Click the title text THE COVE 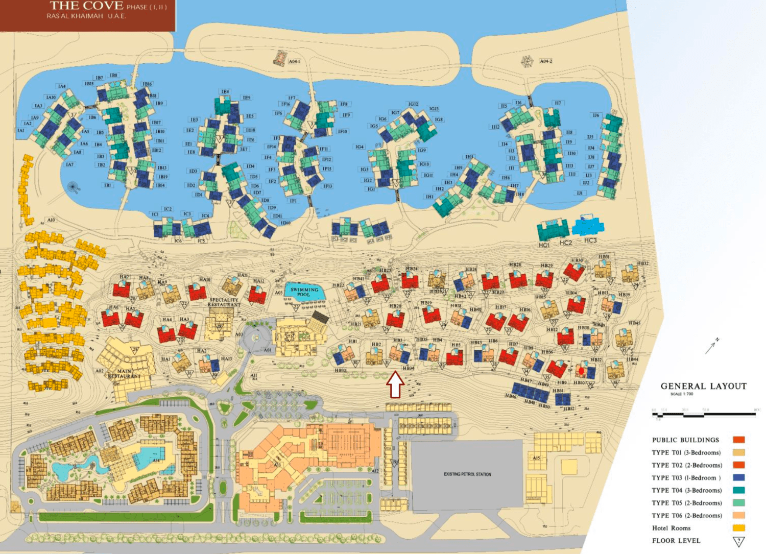click(86, 6)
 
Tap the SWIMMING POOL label click(304, 292)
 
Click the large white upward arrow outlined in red click(395, 384)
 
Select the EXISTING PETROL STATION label click(467, 474)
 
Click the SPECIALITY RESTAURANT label click(224, 302)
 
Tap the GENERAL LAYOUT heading click(703, 387)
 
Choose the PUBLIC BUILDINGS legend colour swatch click(738, 440)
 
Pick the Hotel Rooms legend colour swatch click(738, 528)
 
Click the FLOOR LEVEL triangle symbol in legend click(738, 541)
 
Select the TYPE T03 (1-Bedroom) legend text click(686, 478)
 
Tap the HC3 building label click(590, 240)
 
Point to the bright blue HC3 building click(588, 226)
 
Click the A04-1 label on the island click(295, 61)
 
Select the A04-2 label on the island click(545, 61)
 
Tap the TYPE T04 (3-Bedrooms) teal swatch click(738, 490)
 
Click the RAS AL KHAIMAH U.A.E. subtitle click(86, 16)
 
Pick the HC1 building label click(543, 245)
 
